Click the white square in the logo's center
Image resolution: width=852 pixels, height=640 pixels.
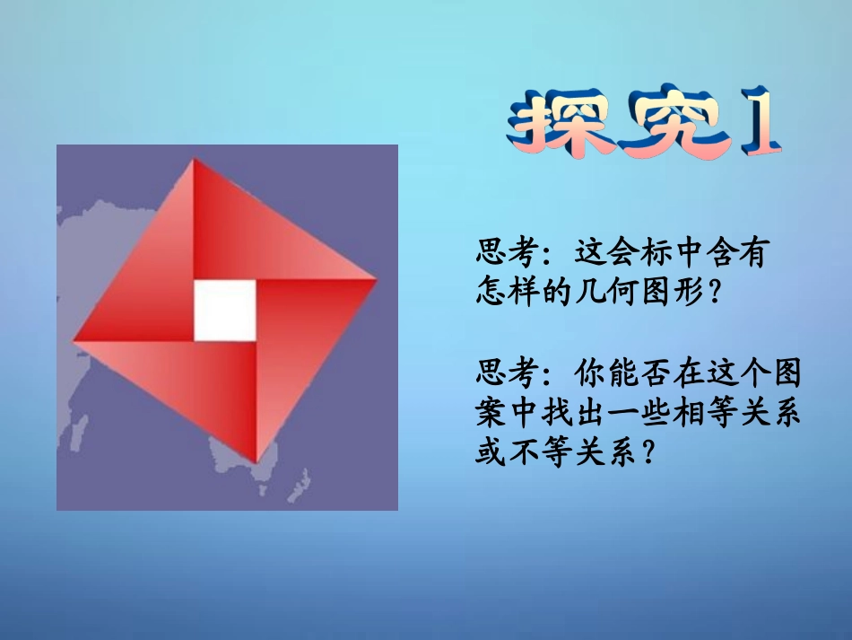tap(224, 310)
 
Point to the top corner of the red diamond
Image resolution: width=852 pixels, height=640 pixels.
tap(193, 162)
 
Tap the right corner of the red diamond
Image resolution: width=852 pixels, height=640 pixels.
tap(375, 279)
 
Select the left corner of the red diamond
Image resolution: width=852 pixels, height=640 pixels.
tap(74, 340)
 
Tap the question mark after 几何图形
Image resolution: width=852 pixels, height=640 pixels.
tap(714, 293)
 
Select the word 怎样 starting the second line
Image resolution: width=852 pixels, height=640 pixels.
tap(507, 293)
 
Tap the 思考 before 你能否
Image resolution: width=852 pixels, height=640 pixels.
tap(507, 371)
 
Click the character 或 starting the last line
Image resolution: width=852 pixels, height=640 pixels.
tap(491, 452)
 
